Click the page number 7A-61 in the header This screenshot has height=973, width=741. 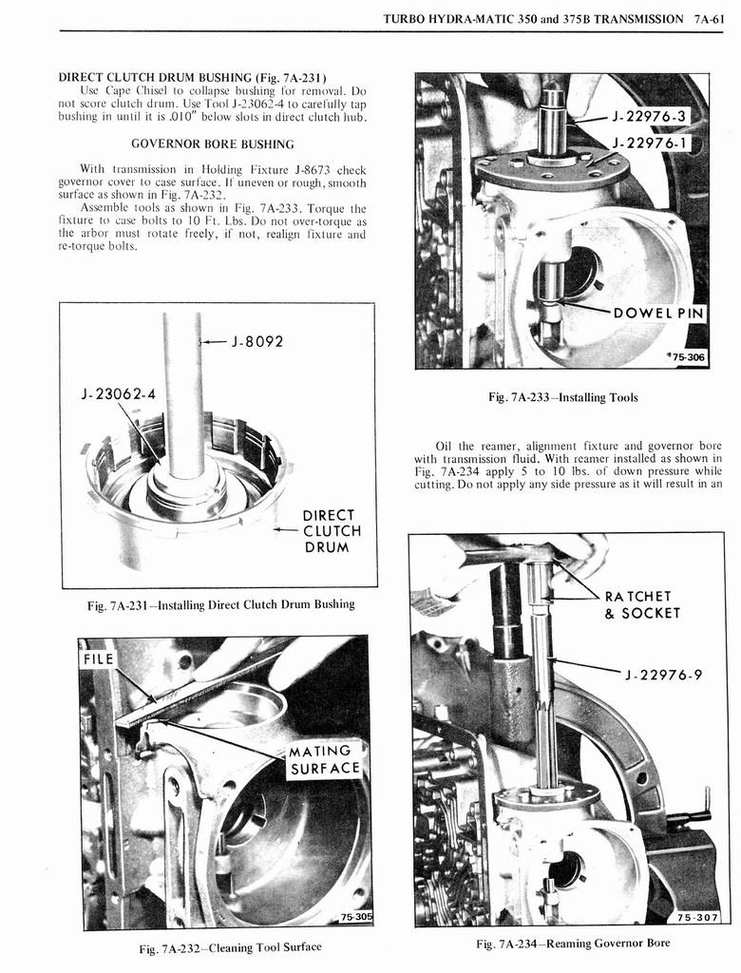711,19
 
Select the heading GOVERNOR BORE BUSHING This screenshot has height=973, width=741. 212,143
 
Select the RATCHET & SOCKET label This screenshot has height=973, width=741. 642,604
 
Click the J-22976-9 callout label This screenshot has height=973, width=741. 664,676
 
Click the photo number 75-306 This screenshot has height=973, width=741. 687,357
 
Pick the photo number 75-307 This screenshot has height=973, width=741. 696,917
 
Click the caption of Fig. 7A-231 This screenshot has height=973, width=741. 220,604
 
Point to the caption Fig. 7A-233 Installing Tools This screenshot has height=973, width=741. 562,397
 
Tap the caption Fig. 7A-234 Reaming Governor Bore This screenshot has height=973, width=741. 572,943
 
